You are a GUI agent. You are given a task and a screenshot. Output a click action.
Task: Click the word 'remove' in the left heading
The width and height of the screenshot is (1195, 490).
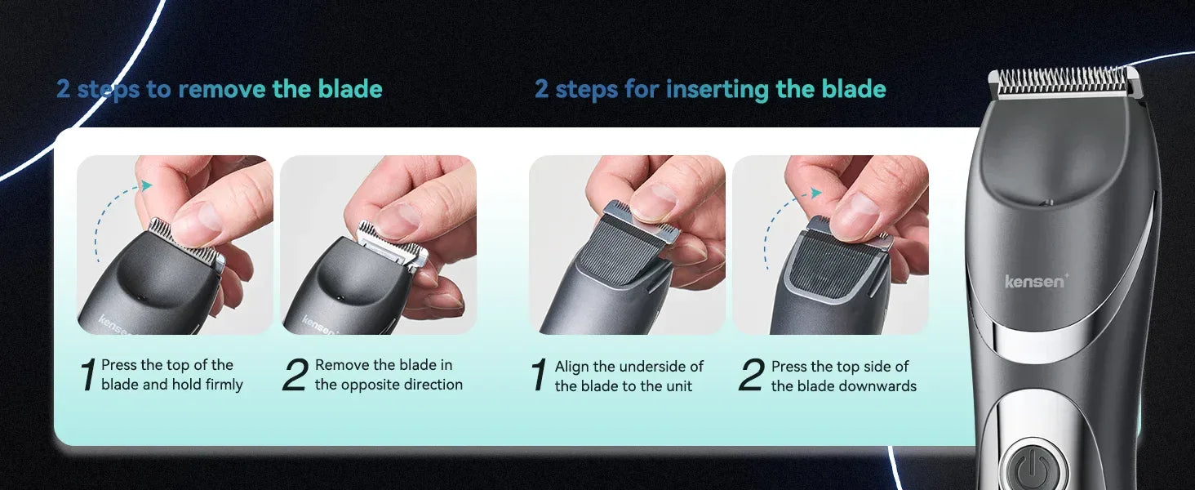pyautogui.click(x=221, y=88)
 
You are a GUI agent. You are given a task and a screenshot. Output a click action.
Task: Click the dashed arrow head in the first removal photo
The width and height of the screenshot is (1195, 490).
pyautogui.click(x=145, y=185)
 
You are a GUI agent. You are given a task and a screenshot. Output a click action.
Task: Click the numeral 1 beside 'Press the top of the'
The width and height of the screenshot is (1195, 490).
pyautogui.click(x=88, y=375)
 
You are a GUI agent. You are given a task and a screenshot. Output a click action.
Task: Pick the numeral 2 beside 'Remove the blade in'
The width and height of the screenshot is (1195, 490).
pyautogui.click(x=295, y=375)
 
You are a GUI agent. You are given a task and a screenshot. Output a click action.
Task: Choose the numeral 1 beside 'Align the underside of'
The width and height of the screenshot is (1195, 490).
pyautogui.click(x=540, y=375)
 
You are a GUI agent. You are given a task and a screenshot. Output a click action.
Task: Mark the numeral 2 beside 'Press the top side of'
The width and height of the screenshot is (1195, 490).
pyautogui.click(x=751, y=375)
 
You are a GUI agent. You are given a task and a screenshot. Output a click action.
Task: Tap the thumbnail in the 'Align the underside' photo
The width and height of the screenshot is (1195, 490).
pyautogui.click(x=654, y=203)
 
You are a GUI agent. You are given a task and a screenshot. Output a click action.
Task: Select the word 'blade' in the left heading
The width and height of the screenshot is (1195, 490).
pyautogui.click(x=350, y=88)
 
